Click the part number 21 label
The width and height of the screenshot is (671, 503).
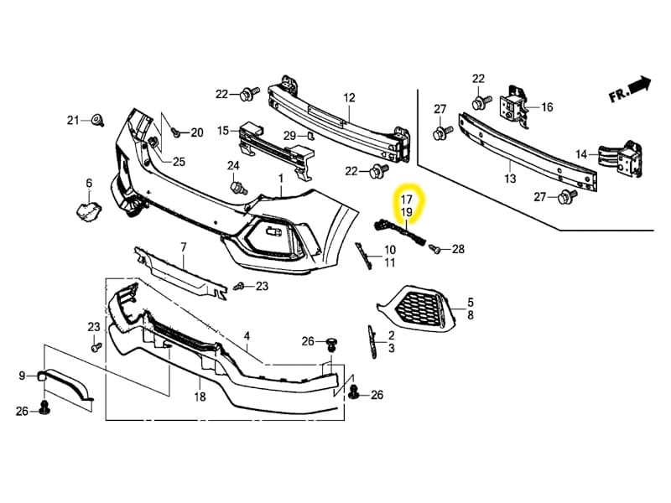pyautogui.click(x=73, y=120)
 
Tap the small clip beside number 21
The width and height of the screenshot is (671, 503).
pyautogui.click(x=97, y=120)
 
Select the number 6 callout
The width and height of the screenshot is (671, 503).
pyautogui.click(x=89, y=183)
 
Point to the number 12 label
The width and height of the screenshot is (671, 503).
pyautogui.click(x=349, y=97)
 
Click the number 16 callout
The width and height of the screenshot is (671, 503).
pyautogui.click(x=547, y=107)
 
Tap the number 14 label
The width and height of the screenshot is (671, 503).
pyautogui.click(x=582, y=154)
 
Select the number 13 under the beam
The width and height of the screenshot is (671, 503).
pyautogui.click(x=510, y=179)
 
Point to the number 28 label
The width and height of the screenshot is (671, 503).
pyautogui.click(x=458, y=249)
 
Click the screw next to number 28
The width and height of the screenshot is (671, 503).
pyautogui.click(x=435, y=249)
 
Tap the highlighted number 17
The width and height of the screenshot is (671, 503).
pyautogui.click(x=406, y=200)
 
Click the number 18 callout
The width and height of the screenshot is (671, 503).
pyautogui.click(x=200, y=397)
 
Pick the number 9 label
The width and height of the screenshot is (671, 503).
pyautogui.click(x=23, y=376)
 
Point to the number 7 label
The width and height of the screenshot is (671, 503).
pyautogui.click(x=183, y=246)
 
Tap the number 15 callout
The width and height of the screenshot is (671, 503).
pyautogui.click(x=223, y=131)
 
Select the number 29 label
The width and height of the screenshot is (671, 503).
pyautogui.click(x=289, y=135)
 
